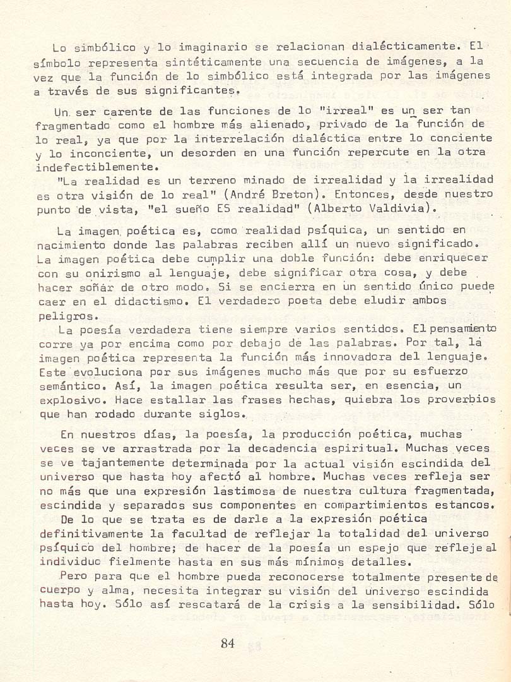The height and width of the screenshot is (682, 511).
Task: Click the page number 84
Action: (x=228, y=643)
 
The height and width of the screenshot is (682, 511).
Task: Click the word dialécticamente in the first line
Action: (x=404, y=46)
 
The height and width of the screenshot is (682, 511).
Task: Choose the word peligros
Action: (x=68, y=315)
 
